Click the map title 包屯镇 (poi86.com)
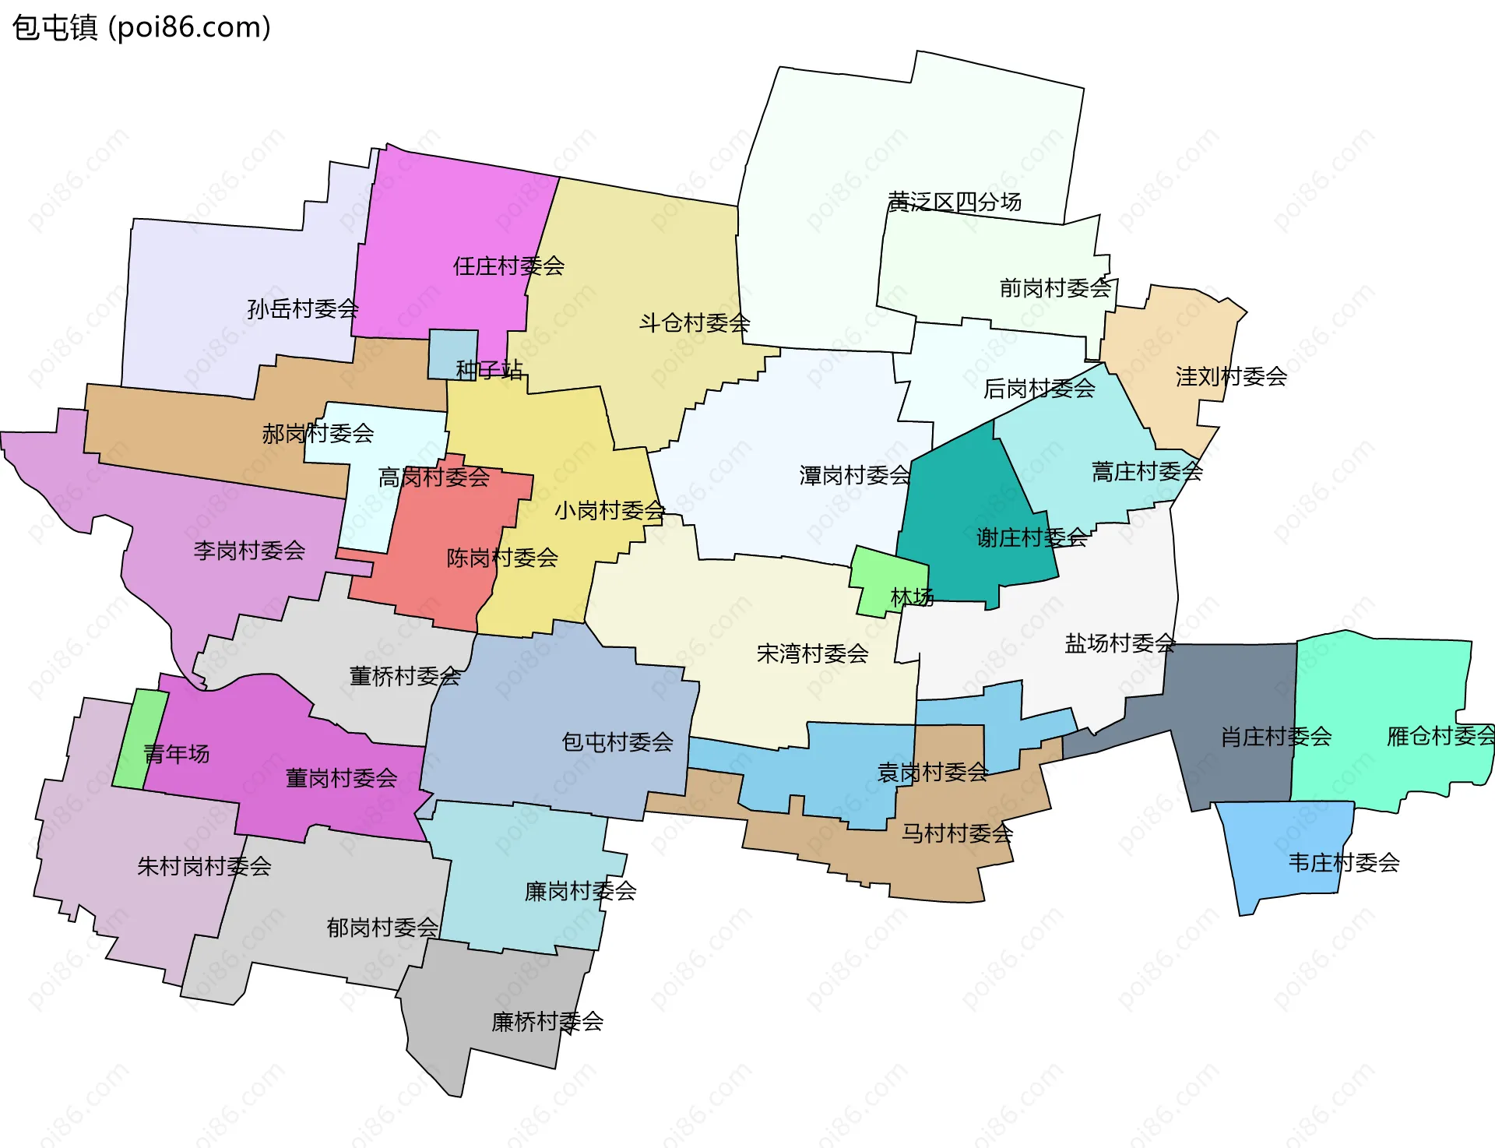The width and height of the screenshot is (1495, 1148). click(142, 28)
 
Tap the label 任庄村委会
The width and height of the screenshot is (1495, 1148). click(508, 266)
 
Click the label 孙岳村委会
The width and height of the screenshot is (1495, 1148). click(303, 309)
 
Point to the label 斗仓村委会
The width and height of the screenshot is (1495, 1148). click(695, 322)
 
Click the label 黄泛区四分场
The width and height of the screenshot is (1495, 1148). click(955, 202)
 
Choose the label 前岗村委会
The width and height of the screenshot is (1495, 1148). click(1055, 289)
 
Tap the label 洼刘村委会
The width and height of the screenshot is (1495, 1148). click(1231, 377)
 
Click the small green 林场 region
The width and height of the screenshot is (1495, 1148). click(880, 576)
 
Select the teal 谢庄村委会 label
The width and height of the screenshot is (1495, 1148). click(1032, 537)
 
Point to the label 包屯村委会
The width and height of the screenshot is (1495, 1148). click(617, 742)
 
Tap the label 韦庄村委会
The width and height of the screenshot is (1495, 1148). click(1344, 863)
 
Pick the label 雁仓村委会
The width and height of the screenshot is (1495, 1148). click(1440, 736)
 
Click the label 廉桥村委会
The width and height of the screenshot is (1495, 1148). click(547, 1022)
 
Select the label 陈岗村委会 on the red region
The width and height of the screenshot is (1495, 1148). click(502, 558)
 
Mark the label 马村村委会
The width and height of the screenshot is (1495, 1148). click(957, 833)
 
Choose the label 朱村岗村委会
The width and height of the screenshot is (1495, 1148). click(204, 866)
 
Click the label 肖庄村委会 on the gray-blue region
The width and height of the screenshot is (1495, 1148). click(1275, 737)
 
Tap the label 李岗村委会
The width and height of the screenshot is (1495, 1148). click(249, 551)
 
